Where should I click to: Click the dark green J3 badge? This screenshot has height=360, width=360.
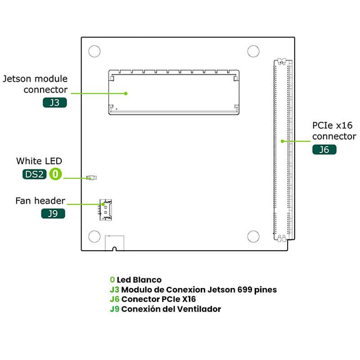[x=55, y=103]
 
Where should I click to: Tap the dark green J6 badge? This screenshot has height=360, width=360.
[x=324, y=150]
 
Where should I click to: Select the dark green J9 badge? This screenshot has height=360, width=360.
[x=53, y=214]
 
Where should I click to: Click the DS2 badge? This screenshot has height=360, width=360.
[x=35, y=174]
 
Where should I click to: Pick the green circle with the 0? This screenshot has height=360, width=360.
[x=55, y=174]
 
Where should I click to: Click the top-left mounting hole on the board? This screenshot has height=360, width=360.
[x=94, y=51]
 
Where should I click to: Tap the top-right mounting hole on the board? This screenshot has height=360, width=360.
[x=253, y=51]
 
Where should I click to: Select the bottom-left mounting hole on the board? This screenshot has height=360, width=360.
[x=94, y=237]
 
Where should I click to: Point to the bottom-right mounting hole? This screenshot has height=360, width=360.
[x=253, y=237]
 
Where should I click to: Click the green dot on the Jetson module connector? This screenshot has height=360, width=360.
[x=126, y=94]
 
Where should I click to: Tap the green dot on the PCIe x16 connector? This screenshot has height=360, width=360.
[x=283, y=141]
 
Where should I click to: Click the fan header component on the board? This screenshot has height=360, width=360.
[x=106, y=210]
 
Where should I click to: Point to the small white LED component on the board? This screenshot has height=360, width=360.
[x=92, y=178]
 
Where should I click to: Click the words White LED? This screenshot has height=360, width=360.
[x=39, y=161]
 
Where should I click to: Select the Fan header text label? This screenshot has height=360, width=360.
[x=40, y=201]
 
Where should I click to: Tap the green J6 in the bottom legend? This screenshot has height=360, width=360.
[x=115, y=299]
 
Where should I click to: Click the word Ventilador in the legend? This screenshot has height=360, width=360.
[x=199, y=309]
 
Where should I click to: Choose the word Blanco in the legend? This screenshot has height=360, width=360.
[x=147, y=280]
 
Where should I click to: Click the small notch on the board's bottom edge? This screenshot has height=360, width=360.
[x=114, y=249]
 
